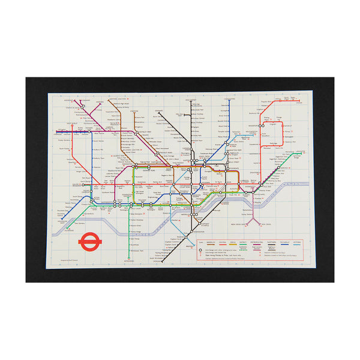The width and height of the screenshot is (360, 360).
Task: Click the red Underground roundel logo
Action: tap(91, 241)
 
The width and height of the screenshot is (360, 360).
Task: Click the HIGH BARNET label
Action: tap(191, 100)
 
